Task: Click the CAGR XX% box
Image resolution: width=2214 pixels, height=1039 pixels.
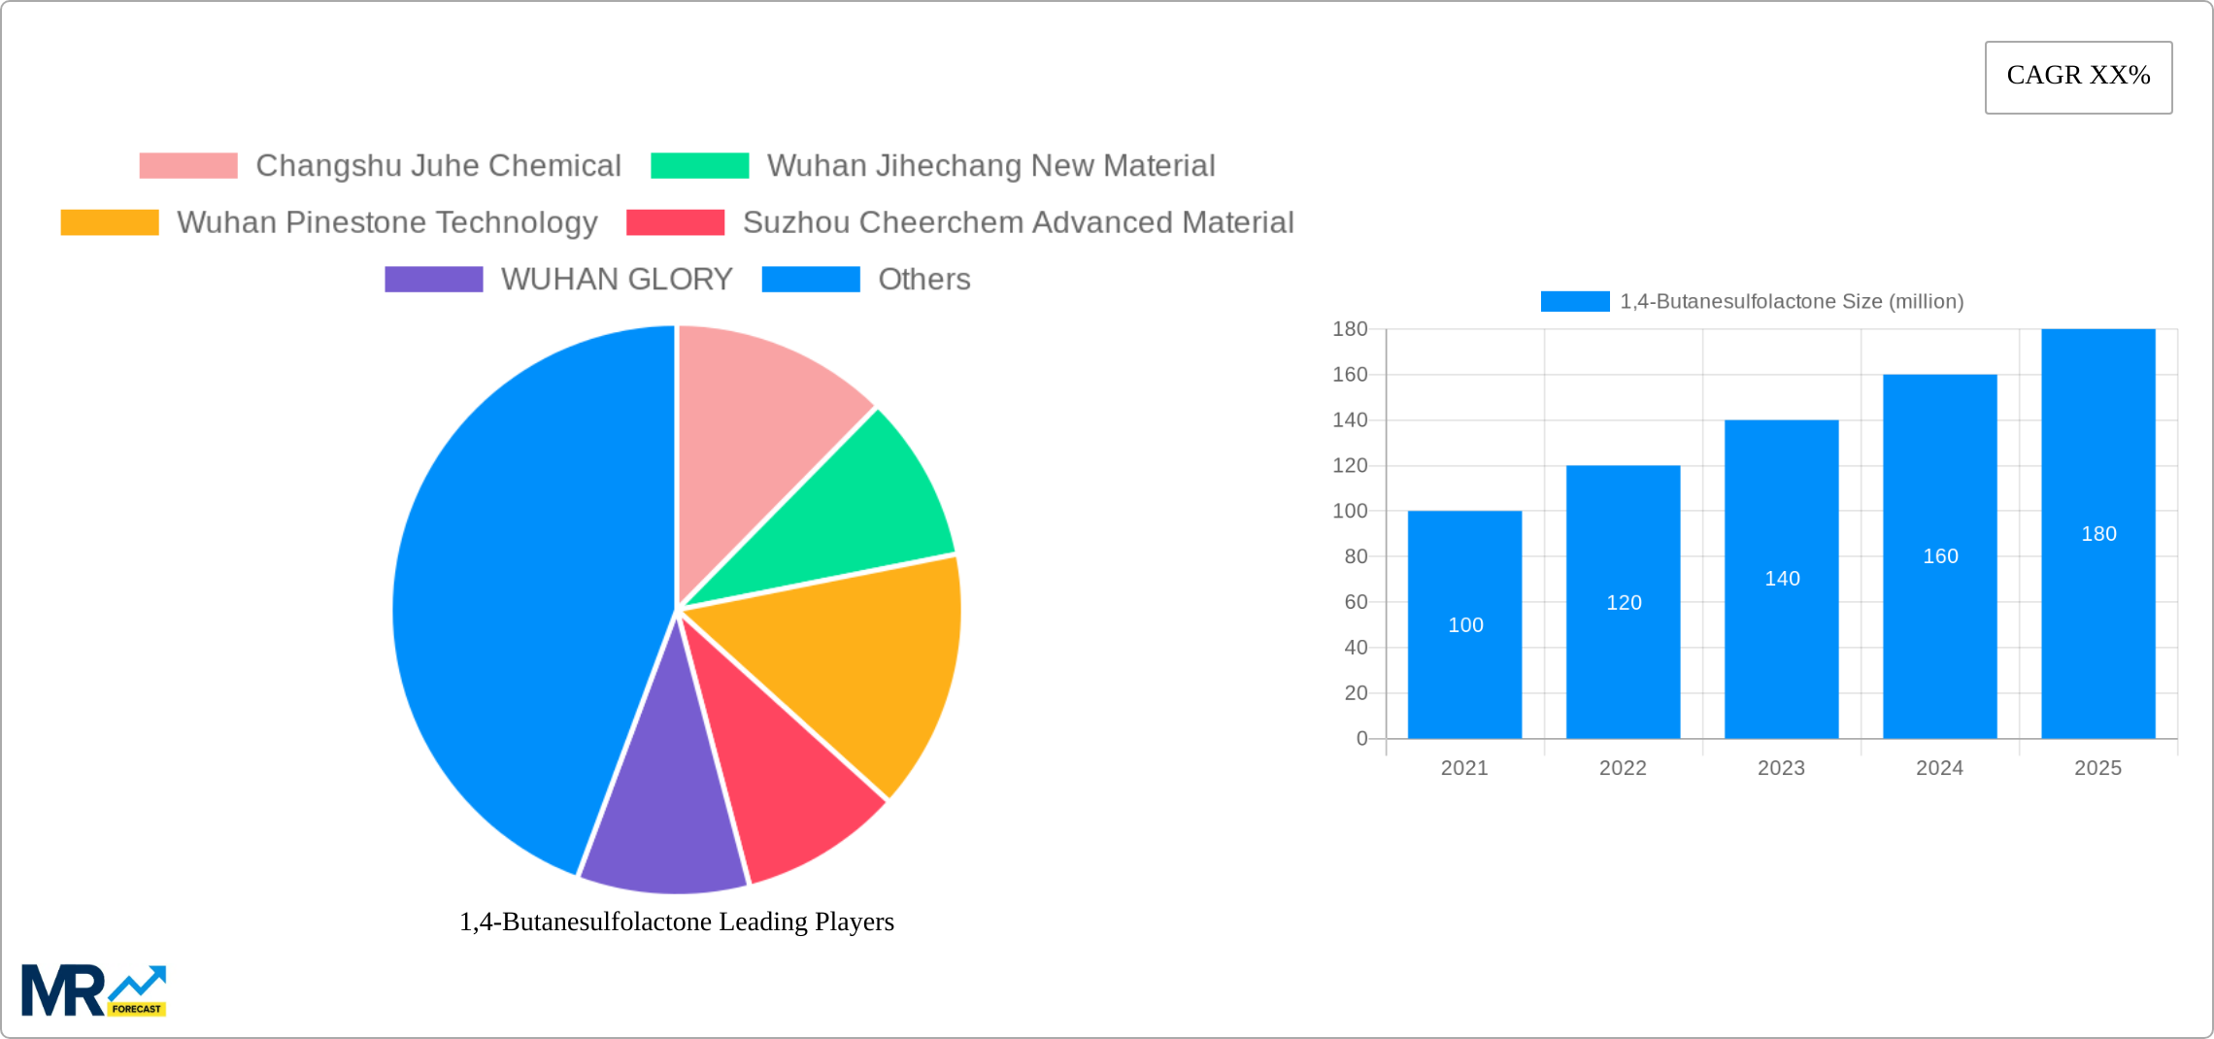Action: click(x=2078, y=77)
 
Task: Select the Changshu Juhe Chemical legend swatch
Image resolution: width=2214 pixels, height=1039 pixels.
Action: click(x=187, y=166)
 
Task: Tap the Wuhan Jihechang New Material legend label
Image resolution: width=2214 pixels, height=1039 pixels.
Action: click(x=990, y=166)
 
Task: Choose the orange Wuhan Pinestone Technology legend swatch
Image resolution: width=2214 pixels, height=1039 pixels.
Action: click(x=109, y=222)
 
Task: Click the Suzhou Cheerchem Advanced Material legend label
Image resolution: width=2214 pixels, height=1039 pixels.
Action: click(x=1018, y=222)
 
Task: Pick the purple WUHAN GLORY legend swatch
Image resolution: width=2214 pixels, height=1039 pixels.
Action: click(x=433, y=280)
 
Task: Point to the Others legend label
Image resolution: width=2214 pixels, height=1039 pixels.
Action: click(x=923, y=280)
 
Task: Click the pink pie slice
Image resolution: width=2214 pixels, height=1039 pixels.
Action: click(x=757, y=427)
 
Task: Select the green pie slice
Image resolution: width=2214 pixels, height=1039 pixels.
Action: click(x=855, y=515)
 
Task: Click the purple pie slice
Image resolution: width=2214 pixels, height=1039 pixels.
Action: click(x=665, y=816)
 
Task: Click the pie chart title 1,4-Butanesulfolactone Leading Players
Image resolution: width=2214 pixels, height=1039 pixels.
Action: click(x=676, y=922)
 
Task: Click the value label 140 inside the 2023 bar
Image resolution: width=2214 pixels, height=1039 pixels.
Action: click(x=1782, y=579)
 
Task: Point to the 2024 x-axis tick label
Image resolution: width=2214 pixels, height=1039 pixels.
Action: click(x=1939, y=768)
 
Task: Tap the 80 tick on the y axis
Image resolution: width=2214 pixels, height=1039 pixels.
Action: click(x=1356, y=556)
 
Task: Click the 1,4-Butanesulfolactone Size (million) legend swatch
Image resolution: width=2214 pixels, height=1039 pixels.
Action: click(x=1574, y=302)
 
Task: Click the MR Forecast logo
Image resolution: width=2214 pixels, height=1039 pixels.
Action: click(x=93, y=990)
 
